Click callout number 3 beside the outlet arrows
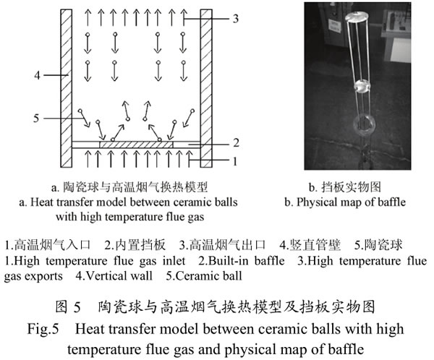[x=235, y=19]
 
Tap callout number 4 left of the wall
[x=38, y=75]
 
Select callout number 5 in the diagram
[x=37, y=119]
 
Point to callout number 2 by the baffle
[x=236, y=143]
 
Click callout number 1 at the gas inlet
[x=235, y=161]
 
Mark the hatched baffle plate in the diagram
[x=136, y=145]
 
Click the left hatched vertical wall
[x=67, y=88]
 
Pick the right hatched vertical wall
[x=206, y=88]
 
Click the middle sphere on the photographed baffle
[x=362, y=86]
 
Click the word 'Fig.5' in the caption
[x=43, y=330]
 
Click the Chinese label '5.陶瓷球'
[x=378, y=245]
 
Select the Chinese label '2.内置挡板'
[x=135, y=245]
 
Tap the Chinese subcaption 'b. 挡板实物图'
[x=345, y=187]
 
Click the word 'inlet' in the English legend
[x=174, y=261]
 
